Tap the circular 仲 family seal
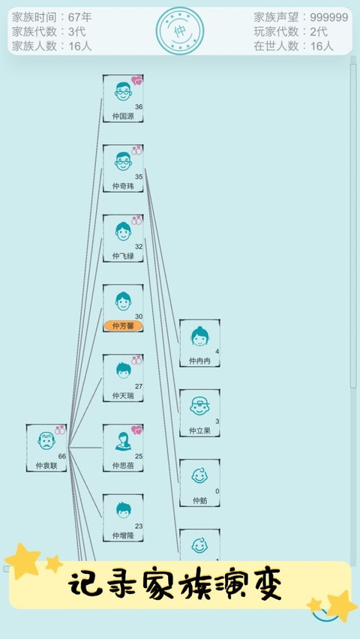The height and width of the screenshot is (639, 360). (x=180, y=31)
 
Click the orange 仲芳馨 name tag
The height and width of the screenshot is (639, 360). (x=123, y=325)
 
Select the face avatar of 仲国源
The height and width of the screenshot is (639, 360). (x=123, y=91)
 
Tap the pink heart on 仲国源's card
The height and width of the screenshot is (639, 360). (x=137, y=80)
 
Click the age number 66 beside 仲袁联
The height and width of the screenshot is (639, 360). (x=62, y=456)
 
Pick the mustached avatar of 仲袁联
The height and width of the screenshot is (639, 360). (x=46, y=441)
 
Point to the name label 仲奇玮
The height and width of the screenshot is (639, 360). (x=123, y=186)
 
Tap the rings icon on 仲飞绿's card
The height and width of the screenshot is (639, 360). (x=136, y=220)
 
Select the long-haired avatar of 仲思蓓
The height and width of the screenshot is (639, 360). (x=123, y=441)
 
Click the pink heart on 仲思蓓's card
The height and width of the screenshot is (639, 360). (x=137, y=430)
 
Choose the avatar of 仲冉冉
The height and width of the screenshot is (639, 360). (x=199, y=336)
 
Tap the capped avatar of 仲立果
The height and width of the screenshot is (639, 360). (x=199, y=406)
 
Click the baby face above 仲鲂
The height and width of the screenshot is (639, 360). (x=199, y=475)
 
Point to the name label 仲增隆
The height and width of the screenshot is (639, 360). (x=123, y=535)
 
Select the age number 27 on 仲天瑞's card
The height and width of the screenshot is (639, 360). (x=139, y=386)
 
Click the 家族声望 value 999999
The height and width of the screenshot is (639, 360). (x=329, y=17)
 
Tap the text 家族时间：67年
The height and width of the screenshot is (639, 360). (x=52, y=17)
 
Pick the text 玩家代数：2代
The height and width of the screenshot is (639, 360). (x=291, y=31)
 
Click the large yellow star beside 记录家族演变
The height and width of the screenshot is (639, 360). (x=22, y=561)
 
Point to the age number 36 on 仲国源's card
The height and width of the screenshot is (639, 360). (x=139, y=106)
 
